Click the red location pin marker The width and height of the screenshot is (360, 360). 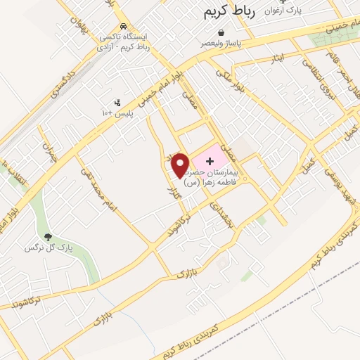[x=180, y=165]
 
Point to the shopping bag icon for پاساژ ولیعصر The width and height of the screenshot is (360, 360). [x=221, y=32]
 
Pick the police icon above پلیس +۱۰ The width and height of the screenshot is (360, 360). [x=117, y=103]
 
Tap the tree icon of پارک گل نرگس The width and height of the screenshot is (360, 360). [x=48, y=238]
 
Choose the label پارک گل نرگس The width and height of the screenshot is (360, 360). [x=49, y=248]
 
